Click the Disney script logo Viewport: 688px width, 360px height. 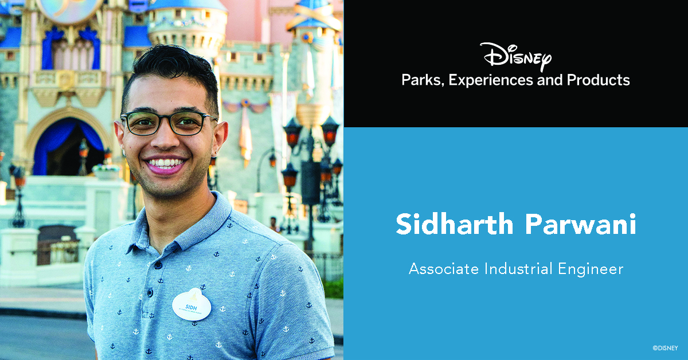pyautogui.click(x=515, y=56)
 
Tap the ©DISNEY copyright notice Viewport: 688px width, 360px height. pyautogui.click(x=665, y=347)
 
